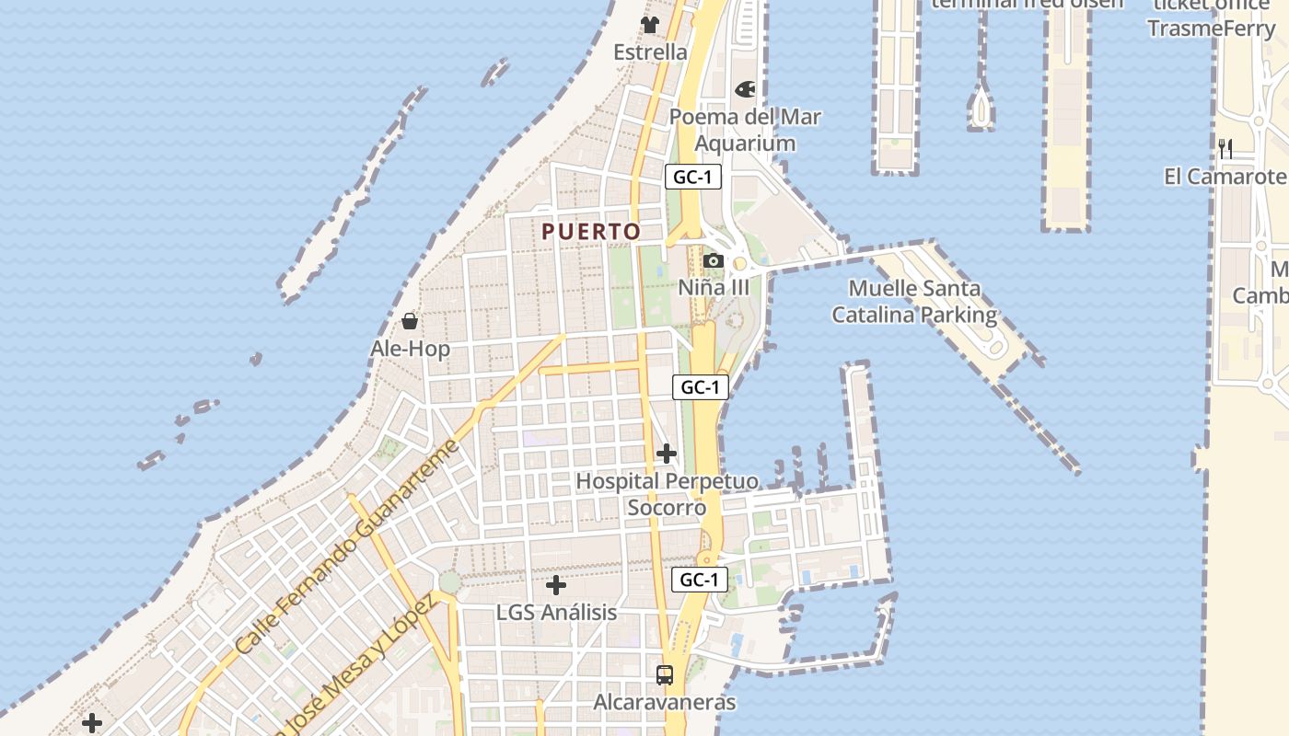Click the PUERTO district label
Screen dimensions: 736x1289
pyautogui.click(x=590, y=232)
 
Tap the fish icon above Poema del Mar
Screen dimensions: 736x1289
pyautogui.click(x=744, y=90)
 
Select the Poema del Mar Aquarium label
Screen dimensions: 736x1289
pyautogui.click(x=745, y=130)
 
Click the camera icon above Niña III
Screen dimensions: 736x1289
pyautogui.click(x=713, y=261)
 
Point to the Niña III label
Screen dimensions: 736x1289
pyautogui.click(x=714, y=287)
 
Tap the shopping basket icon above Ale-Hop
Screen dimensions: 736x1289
pyautogui.click(x=410, y=321)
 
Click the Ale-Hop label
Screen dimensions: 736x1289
pyautogui.click(x=410, y=349)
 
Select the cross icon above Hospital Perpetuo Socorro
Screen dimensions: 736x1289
pyautogui.click(x=667, y=454)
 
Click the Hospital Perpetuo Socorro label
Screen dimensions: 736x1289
pyautogui.click(x=667, y=494)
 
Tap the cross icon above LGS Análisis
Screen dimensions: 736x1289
pyautogui.click(x=556, y=585)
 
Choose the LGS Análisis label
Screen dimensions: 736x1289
pyautogui.click(x=556, y=612)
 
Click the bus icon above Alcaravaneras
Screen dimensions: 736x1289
pyautogui.click(x=665, y=675)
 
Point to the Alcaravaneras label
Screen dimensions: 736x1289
pyautogui.click(x=665, y=703)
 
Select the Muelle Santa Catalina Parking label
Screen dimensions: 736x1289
pyautogui.click(x=914, y=302)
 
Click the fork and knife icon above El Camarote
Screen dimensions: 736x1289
pyautogui.click(x=1225, y=149)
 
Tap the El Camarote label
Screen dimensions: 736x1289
pyautogui.click(x=1225, y=177)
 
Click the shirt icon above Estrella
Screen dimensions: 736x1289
pyautogui.click(x=650, y=25)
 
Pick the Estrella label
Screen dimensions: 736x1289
pyautogui.click(x=650, y=52)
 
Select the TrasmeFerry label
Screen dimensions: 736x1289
pyautogui.click(x=1211, y=29)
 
